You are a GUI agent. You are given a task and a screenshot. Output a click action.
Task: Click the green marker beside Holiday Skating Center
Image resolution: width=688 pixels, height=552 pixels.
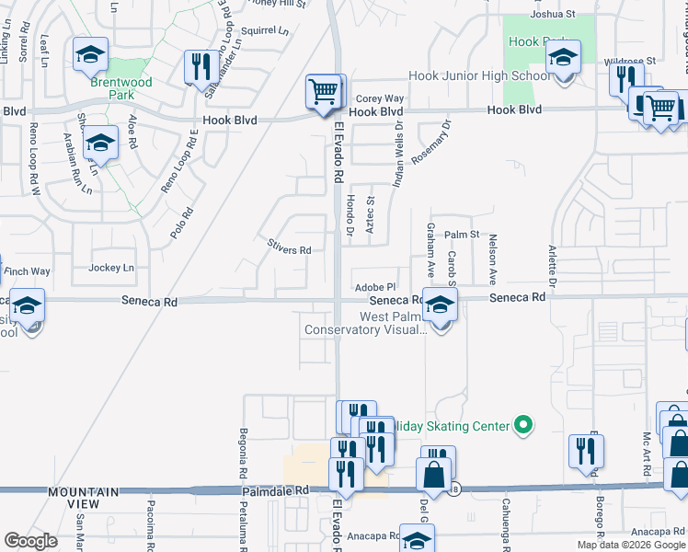click(523, 425)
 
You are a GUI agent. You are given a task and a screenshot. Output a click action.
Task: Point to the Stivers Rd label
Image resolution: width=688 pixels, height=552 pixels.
click(290, 249)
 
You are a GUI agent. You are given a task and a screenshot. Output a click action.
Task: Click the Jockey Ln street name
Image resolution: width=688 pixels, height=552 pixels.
click(111, 269)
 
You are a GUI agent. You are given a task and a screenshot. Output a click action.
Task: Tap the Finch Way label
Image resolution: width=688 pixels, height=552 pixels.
click(28, 271)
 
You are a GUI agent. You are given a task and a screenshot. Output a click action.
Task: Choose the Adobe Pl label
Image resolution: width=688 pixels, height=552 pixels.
click(374, 287)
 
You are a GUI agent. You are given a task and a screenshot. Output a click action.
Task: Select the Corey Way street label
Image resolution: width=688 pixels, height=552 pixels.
click(380, 98)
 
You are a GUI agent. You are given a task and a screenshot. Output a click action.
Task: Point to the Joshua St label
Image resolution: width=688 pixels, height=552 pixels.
click(553, 15)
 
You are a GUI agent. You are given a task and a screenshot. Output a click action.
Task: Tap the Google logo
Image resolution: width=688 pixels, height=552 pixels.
click(30, 540)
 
